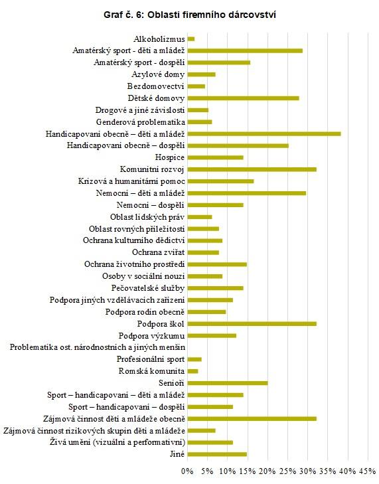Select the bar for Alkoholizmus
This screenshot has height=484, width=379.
[191, 39]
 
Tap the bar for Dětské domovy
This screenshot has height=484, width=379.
[243, 98]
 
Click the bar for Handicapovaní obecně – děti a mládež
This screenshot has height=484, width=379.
[264, 133]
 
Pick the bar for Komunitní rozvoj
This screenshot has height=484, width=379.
[252, 169]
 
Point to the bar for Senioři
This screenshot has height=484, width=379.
[228, 383]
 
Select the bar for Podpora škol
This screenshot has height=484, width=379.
[252, 323]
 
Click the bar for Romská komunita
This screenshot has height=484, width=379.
[192, 371]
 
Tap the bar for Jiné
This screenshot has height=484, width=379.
[217, 454]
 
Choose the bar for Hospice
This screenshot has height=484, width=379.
[216, 157]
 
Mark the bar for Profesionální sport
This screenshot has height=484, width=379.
[194, 359]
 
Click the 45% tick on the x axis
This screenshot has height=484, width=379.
[367, 471]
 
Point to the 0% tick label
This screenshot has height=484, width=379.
[187, 471]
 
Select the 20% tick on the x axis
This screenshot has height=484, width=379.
[267, 471]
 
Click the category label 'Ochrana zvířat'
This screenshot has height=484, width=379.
[159, 252]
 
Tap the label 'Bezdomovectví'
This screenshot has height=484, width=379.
[156, 86]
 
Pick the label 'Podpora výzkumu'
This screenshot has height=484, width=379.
[151, 335]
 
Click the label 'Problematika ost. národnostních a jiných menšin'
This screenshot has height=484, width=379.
[98, 347]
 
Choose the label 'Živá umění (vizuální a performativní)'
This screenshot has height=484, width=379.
[117, 442]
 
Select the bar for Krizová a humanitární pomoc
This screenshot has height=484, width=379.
[220, 181]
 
